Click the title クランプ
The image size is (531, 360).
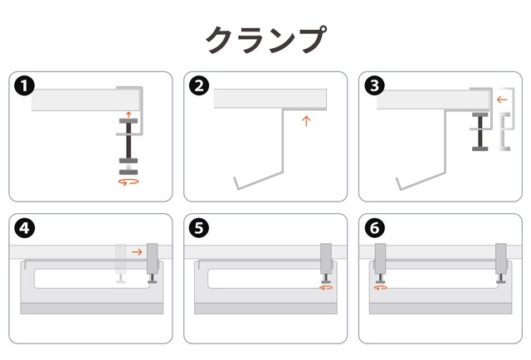tap(266, 40)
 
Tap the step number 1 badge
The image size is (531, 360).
tap(24, 85)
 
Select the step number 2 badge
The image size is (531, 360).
tap(199, 85)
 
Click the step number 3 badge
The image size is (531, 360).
tap(374, 85)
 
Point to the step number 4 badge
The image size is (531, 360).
tap(24, 228)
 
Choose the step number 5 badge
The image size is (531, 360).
tap(199, 228)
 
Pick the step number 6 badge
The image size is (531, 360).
tap(374, 228)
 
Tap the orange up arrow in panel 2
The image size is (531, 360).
tap(306, 121)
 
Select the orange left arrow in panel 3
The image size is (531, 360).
tap(502, 100)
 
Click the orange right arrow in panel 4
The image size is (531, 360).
tap(137, 252)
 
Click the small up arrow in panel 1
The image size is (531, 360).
tap(129, 114)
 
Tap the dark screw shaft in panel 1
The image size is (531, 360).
tap(129, 140)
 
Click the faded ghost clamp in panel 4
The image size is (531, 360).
tap(120, 263)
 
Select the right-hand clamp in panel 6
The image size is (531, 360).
tap(501, 263)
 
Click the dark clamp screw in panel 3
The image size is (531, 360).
tap(480, 132)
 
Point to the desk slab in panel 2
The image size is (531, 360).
tap(270, 99)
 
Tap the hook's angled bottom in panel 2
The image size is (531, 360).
tap(260, 180)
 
